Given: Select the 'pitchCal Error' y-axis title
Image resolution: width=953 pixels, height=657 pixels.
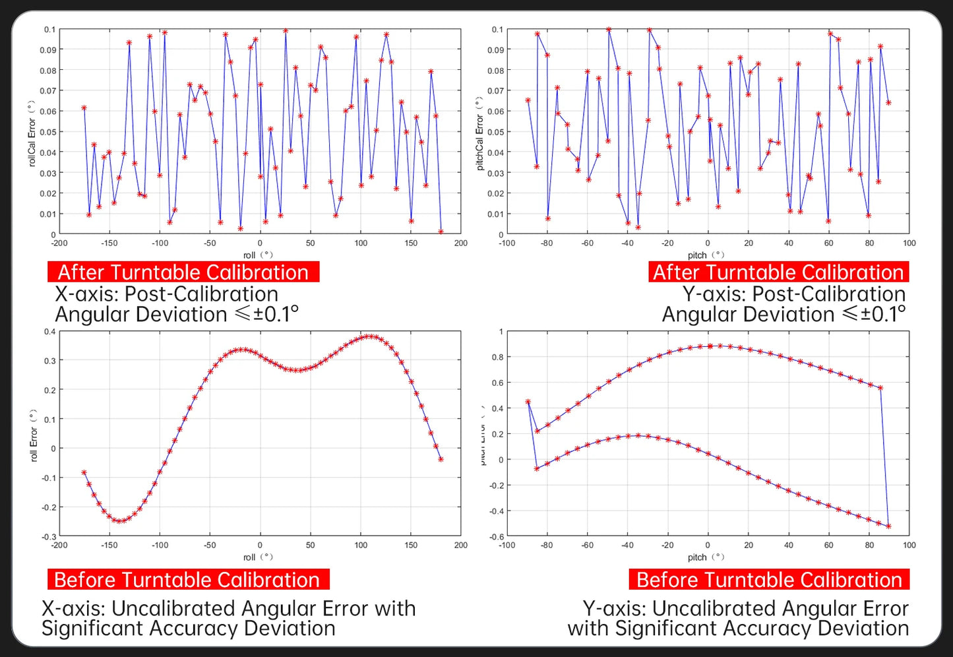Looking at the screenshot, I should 479,134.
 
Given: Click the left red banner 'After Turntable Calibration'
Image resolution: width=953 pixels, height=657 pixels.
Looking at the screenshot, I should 183,272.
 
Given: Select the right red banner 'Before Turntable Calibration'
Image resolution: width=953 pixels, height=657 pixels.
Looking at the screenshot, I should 769,580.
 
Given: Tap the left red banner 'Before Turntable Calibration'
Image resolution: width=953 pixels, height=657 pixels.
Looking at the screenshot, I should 187,580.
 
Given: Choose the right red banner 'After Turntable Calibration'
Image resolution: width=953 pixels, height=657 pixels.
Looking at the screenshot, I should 778,272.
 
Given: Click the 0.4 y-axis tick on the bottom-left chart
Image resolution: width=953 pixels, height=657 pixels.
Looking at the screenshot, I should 49,331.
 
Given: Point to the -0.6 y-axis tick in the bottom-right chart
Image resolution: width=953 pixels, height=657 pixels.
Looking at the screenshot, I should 497,537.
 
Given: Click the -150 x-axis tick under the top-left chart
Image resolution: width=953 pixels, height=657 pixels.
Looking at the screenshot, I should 109,243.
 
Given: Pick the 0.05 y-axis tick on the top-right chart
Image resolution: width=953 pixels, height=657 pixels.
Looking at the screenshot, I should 495,132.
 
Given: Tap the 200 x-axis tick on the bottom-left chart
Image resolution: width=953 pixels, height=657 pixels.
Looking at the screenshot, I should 460,546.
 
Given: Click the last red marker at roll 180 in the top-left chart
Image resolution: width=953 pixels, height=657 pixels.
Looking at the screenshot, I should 441,232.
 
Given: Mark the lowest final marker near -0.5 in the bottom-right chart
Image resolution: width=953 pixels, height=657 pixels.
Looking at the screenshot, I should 888,526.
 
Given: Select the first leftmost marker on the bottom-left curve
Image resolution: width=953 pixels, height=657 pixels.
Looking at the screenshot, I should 84,472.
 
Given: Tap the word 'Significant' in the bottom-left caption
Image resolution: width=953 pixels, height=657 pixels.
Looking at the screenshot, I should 89,629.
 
